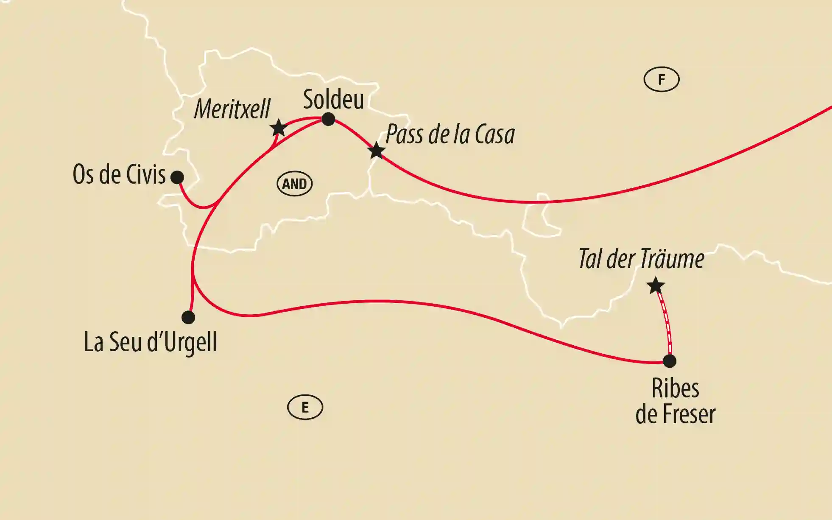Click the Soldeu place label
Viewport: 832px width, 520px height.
coord(333,100)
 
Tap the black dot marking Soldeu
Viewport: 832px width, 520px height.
coord(328,119)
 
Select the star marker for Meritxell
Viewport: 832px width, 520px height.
coord(278,127)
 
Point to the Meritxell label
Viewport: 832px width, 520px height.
coord(232,109)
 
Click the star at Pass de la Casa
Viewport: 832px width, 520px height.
coord(376,151)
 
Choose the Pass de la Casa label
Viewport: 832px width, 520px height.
coord(450,134)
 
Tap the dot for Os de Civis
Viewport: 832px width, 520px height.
coord(177,177)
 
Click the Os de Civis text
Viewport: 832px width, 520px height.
coord(119,174)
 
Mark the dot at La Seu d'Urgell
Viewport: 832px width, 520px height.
coord(188,317)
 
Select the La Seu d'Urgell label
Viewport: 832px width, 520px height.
coord(151,342)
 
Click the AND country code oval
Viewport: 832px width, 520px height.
coord(294,184)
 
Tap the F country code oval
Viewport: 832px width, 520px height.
coord(661,79)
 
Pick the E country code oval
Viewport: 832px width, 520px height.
coord(305,408)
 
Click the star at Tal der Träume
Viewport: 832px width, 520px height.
coord(656,285)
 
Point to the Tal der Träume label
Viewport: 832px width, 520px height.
coord(641,259)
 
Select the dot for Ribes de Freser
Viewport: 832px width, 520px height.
coord(669,361)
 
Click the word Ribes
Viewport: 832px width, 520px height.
coord(675,388)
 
